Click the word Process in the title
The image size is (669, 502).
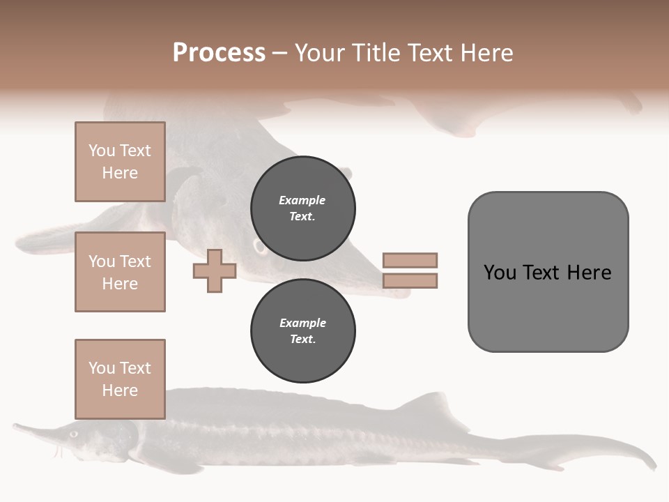(219, 53)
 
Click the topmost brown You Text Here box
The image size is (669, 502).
(120, 162)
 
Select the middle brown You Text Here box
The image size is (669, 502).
(120, 272)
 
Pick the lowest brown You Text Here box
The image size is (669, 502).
(120, 379)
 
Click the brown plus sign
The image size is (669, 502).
(215, 271)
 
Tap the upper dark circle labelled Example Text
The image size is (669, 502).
(303, 208)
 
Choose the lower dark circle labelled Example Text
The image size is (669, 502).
(303, 331)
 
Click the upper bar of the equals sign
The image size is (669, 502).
(410, 260)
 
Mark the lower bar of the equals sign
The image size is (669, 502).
(410, 280)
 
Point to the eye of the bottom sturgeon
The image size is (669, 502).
(72, 433)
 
